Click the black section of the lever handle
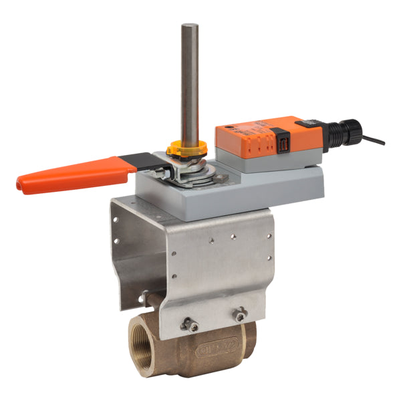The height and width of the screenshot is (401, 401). pos(136,161)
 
